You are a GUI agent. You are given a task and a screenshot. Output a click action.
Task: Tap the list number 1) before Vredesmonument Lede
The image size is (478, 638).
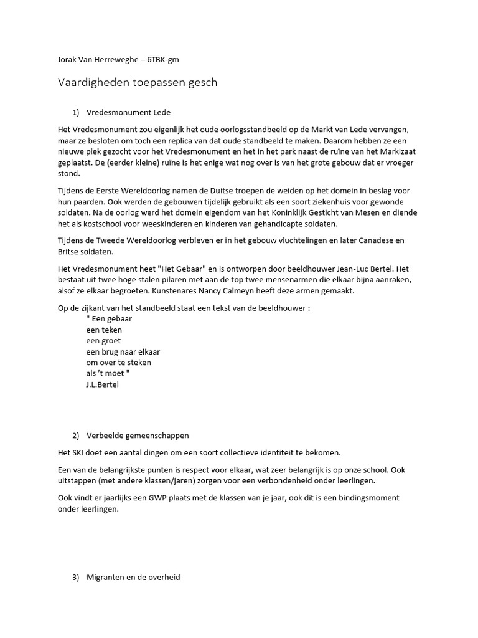point(77,112)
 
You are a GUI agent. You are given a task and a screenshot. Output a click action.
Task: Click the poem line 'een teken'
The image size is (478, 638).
point(104,330)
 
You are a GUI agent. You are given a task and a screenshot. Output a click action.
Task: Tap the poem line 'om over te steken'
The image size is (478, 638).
point(119,362)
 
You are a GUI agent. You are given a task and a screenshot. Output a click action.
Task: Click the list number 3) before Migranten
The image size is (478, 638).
point(77,578)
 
